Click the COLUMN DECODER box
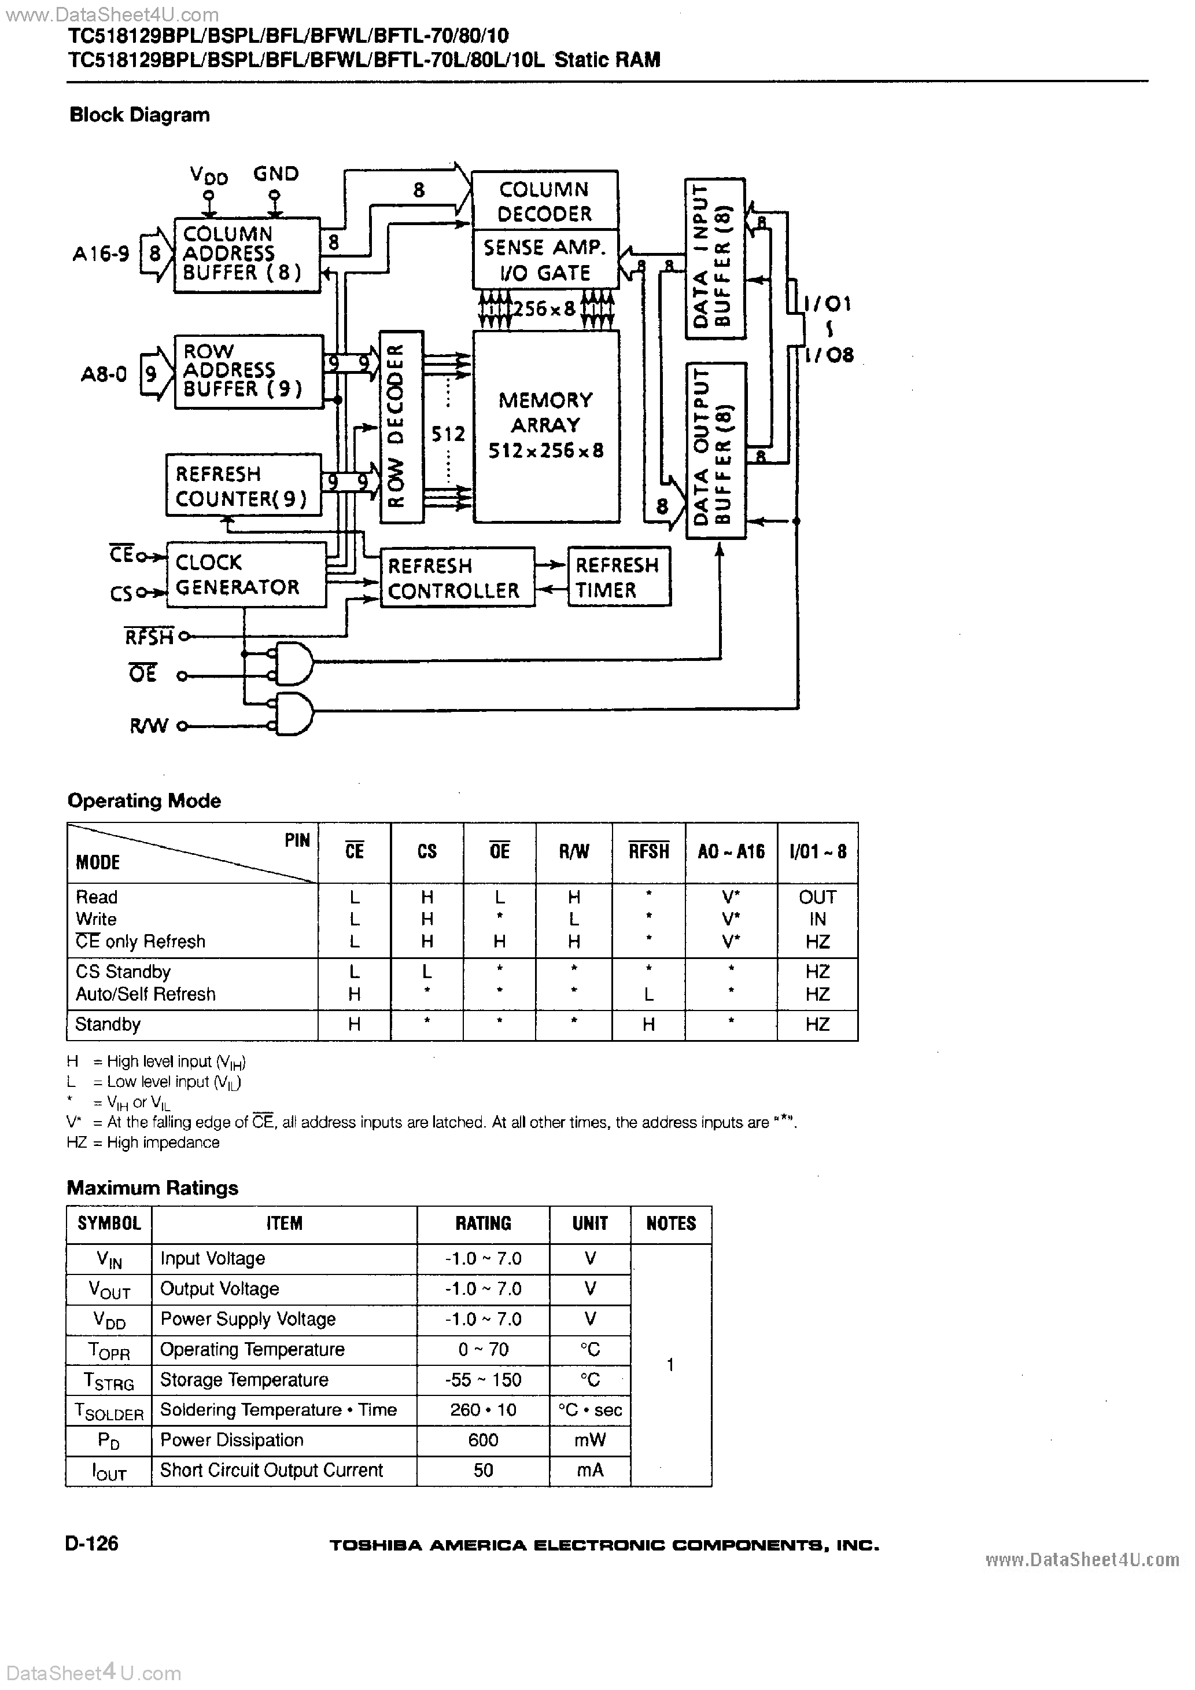[x=544, y=200]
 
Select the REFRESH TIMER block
[x=618, y=576]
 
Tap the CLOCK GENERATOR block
[x=246, y=574]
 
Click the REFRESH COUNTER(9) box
[x=243, y=485]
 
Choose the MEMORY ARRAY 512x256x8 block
[x=545, y=425]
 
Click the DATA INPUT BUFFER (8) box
[x=714, y=258]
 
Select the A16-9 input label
[x=101, y=254]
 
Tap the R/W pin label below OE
[x=149, y=726]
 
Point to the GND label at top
[x=276, y=174]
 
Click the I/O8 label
[x=829, y=355]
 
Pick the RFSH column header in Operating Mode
[x=648, y=851]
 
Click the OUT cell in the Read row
[x=817, y=897]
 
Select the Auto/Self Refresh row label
[x=146, y=994]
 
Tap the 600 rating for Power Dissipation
[x=483, y=1440]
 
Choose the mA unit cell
[x=589, y=1470]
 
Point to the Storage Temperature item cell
[x=244, y=1379]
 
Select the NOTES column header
[x=670, y=1224]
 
